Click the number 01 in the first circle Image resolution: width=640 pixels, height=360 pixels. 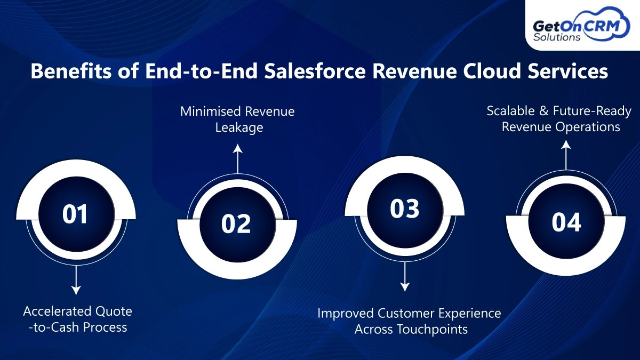point(75,214)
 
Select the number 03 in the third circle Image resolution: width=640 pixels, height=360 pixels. point(405,209)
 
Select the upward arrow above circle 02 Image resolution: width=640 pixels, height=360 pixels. point(237,158)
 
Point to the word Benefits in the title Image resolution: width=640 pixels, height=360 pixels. point(70,71)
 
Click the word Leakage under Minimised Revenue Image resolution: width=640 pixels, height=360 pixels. point(237,127)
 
